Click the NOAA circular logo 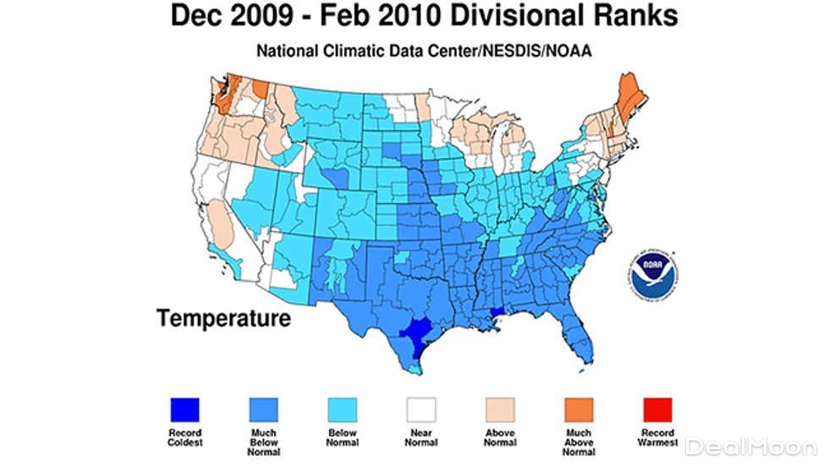point(652,273)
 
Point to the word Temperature point(223,319)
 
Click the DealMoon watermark point(751,446)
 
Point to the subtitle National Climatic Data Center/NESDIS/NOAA point(413,50)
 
